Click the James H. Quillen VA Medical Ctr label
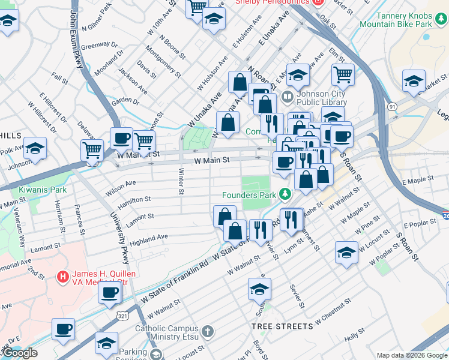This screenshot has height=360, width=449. [x=101, y=277]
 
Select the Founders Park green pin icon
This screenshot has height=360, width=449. [x=285, y=194]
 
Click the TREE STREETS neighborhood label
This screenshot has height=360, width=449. [x=282, y=326]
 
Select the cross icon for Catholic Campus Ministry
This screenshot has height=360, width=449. [x=207, y=331]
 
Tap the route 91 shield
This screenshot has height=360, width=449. [x=392, y=106]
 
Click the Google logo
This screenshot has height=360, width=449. [x=20, y=353]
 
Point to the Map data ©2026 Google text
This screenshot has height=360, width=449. [x=412, y=355]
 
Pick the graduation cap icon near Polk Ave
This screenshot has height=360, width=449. [x=35, y=148]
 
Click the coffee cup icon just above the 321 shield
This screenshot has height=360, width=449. [x=109, y=292]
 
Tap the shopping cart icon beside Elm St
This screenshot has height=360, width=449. [x=342, y=74]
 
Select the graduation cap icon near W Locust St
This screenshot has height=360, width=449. [x=346, y=251]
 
